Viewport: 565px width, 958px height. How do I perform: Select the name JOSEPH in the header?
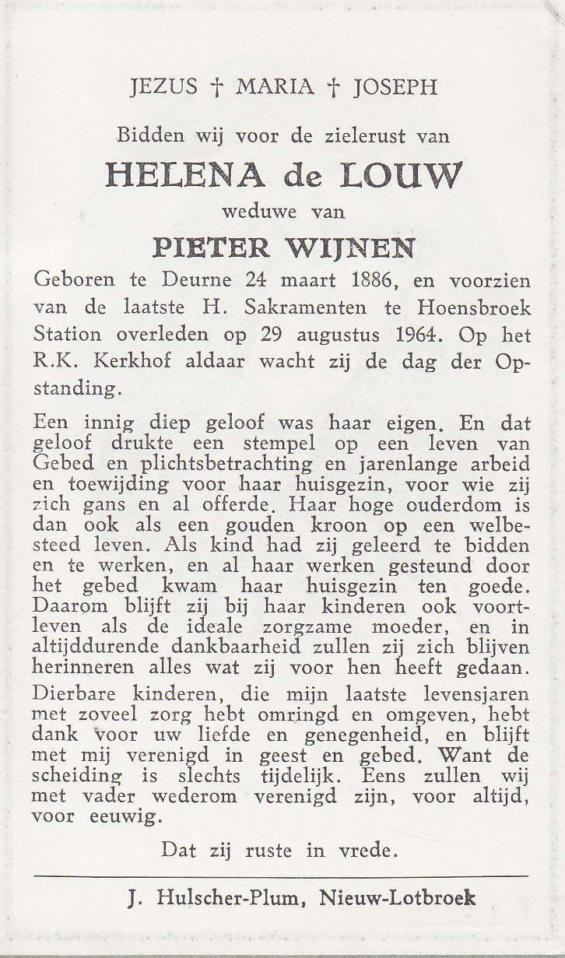[395, 86]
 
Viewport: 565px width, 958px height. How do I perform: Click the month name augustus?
[342, 336]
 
